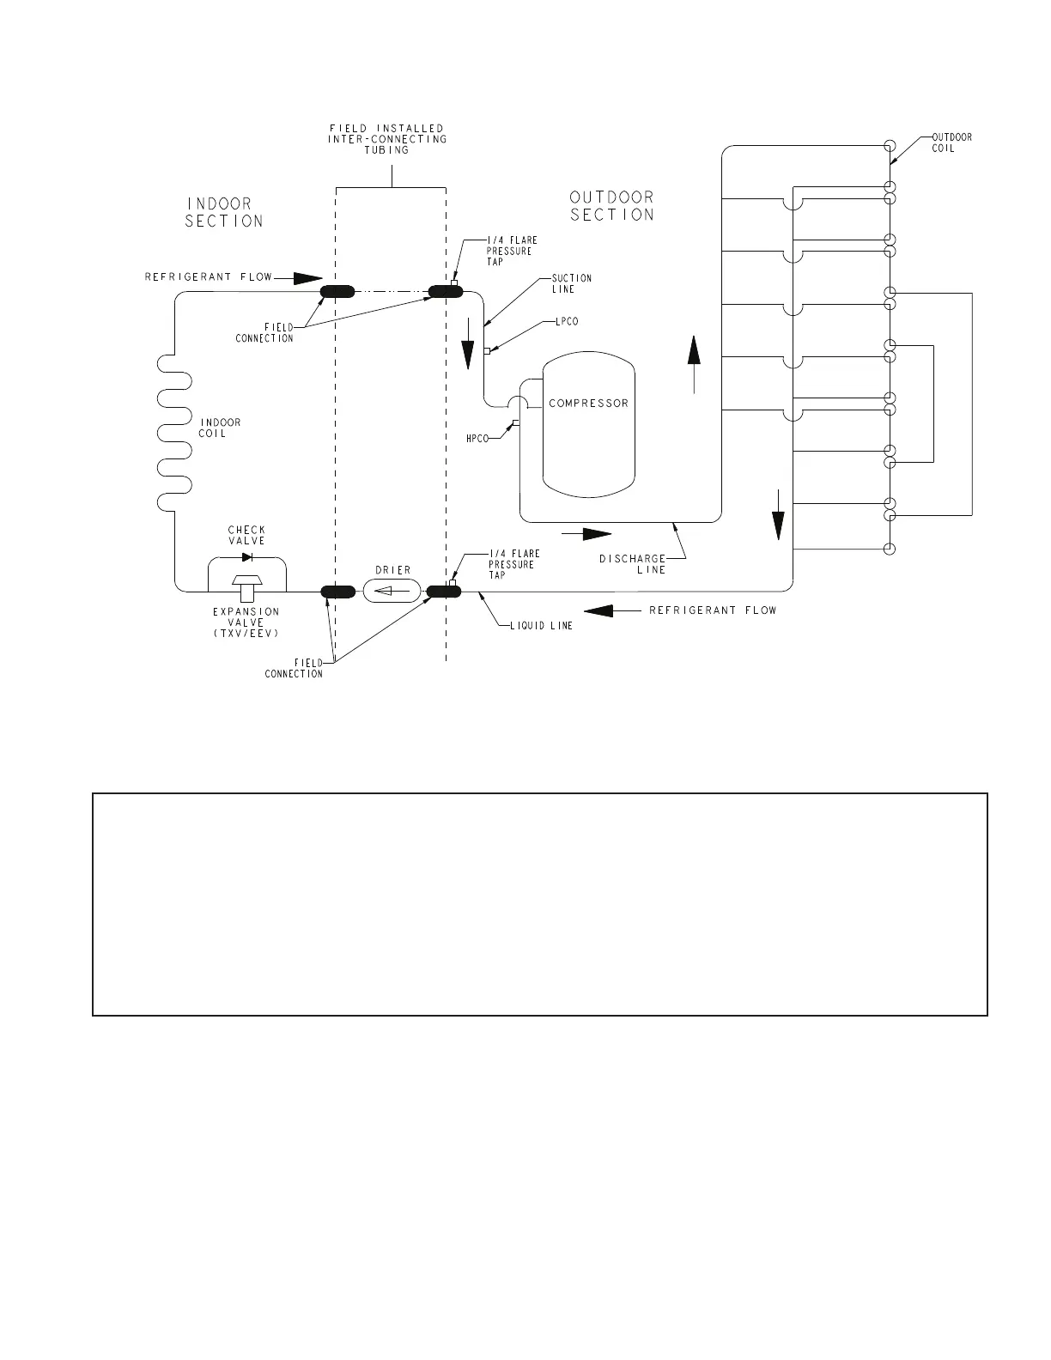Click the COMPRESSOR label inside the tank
click(588, 404)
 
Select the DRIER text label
click(393, 570)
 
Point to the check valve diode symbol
click(247, 557)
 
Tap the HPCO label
click(477, 439)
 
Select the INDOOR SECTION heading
click(224, 212)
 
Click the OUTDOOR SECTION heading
click(612, 206)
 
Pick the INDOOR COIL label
click(220, 428)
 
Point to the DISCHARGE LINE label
click(632, 564)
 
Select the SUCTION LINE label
click(572, 283)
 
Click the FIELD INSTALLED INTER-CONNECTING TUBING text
click(387, 139)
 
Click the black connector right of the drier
click(445, 591)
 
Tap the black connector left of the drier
click(337, 591)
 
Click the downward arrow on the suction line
click(469, 351)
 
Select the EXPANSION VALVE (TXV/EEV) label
click(246, 622)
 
